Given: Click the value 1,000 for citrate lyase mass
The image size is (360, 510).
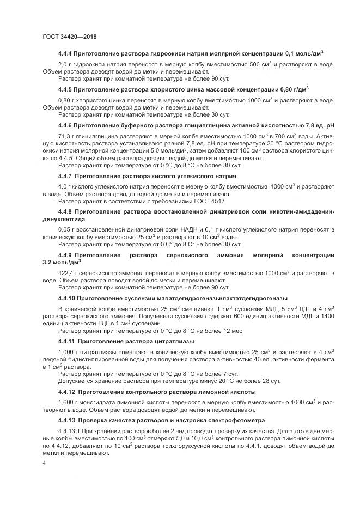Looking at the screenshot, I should pyautogui.click(x=66, y=351).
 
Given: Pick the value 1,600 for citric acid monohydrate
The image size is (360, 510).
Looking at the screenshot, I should pyautogui.click(x=66, y=402).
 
